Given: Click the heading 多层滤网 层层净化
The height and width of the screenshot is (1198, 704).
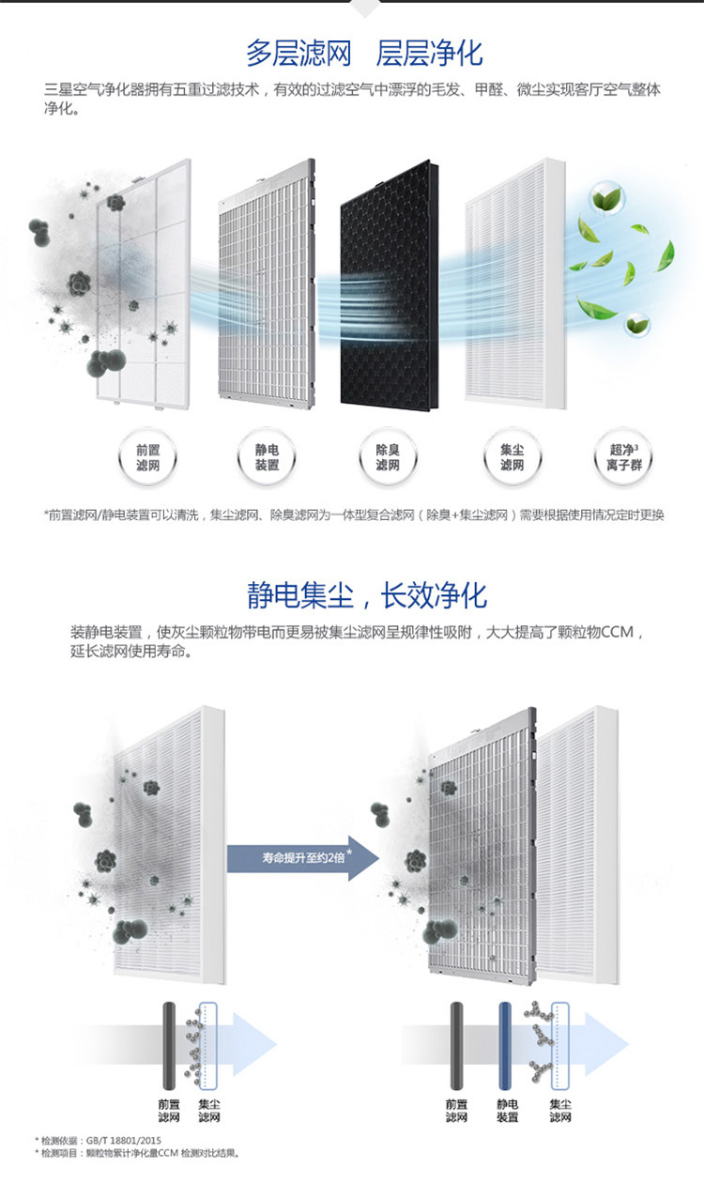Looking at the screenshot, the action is point(364,53).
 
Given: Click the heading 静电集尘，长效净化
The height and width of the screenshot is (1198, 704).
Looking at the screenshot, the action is point(367,594).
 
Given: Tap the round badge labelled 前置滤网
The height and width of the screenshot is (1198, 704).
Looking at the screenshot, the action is point(147,458).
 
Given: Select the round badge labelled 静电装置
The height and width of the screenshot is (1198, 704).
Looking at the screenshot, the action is point(268,458).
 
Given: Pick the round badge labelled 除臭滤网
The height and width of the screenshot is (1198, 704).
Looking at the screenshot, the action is point(388,458).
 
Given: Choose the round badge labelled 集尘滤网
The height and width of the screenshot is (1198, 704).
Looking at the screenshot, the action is point(511,458).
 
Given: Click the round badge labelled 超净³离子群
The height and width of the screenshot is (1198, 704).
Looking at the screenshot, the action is point(624,458).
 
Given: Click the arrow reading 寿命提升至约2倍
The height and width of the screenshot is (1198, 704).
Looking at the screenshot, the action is point(301,856).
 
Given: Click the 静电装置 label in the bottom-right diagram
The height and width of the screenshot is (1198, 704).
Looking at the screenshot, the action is point(507,1112).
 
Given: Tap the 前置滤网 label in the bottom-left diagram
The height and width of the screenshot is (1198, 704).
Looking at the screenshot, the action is point(169,1112).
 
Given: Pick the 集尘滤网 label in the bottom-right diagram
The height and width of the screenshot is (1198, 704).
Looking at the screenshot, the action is point(560,1112).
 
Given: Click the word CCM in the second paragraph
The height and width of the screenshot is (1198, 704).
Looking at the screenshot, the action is point(614,632).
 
